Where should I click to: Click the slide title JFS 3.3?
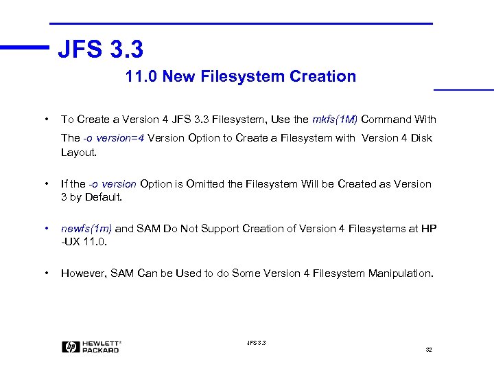pyautogui.click(x=100, y=48)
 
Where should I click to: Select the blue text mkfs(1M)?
pyautogui.click(x=335, y=120)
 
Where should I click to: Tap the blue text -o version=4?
pyautogui.click(x=113, y=137)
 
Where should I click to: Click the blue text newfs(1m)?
pyautogui.click(x=86, y=229)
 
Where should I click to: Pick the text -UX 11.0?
pyautogui.click(x=85, y=242)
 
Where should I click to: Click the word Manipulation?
pyautogui.click(x=403, y=273)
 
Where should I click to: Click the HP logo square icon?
pyautogui.click(x=70, y=347)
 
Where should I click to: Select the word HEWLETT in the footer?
pyautogui.click(x=100, y=343)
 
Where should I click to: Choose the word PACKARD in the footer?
pyautogui.click(x=100, y=350)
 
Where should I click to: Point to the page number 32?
pyautogui.click(x=429, y=350)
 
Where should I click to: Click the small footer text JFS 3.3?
pyautogui.click(x=255, y=342)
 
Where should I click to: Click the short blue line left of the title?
pyautogui.click(x=25, y=47)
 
